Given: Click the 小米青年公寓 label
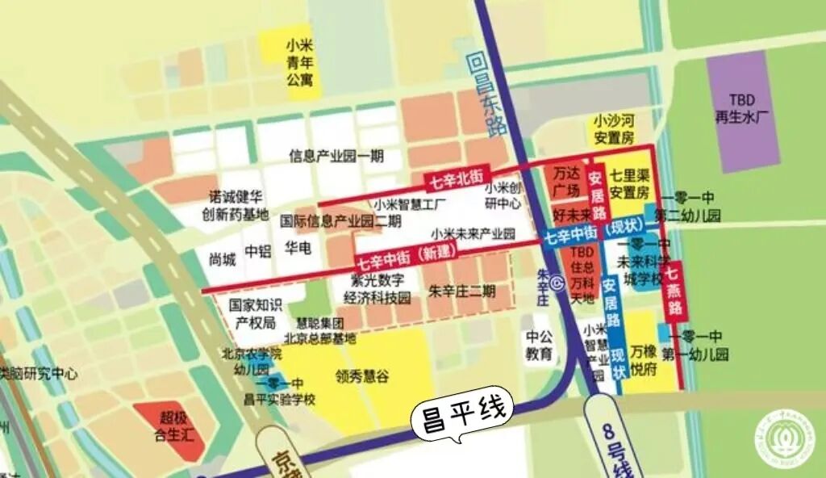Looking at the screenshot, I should [299, 62].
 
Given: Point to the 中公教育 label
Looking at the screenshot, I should [540, 345].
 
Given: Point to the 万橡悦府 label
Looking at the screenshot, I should [644, 358].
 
